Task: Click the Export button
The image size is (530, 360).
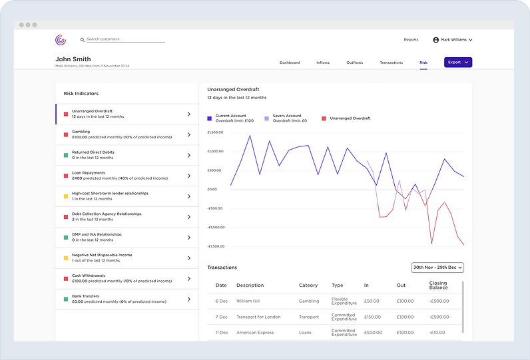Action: click(x=458, y=63)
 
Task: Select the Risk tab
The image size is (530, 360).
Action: click(x=423, y=63)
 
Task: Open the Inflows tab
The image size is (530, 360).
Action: click(x=323, y=63)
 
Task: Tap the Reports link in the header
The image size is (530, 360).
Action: click(x=411, y=40)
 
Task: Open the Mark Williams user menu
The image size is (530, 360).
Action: click(x=453, y=40)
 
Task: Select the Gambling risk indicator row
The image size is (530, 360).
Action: click(x=127, y=134)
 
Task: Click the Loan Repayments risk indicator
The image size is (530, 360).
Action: click(x=127, y=176)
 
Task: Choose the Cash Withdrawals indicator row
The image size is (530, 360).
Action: click(x=127, y=278)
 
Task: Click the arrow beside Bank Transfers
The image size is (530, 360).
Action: click(x=189, y=299)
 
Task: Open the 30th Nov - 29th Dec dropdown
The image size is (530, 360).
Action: click(x=437, y=268)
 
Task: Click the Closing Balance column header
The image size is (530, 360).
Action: click(x=437, y=285)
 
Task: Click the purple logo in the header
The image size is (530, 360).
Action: click(x=61, y=40)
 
